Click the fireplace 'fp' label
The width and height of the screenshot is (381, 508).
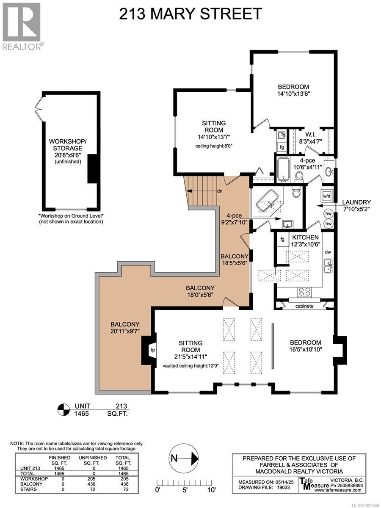[153, 350]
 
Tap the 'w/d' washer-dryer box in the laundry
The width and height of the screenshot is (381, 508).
[327, 196]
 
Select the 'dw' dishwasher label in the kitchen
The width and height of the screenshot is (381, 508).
[328, 252]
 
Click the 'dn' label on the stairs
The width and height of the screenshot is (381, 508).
[220, 191]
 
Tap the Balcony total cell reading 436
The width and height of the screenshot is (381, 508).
[123, 484]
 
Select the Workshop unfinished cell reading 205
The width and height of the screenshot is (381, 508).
[92, 479]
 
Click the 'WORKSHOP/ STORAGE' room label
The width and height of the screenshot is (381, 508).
[68, 145]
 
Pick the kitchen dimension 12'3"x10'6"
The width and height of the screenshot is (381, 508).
[305, 244]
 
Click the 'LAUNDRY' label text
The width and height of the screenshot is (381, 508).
[356, 202]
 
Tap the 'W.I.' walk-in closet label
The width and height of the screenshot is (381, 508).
[310, 134]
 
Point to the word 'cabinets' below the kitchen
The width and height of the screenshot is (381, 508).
[304, 306]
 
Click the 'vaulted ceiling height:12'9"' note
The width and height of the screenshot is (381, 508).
[190, 366]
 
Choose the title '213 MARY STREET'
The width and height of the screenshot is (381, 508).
[190, 14]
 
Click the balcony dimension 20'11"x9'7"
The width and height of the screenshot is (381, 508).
[125, 331]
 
